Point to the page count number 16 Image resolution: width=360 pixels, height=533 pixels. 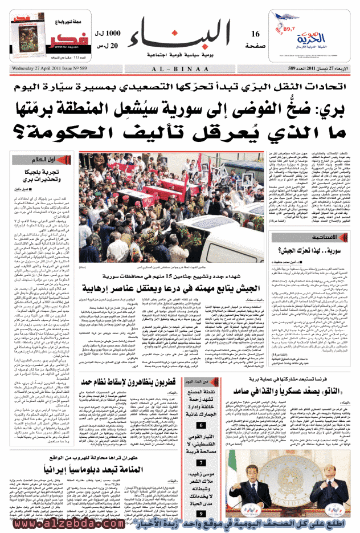pyautogui.click(x=256, y=35)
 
